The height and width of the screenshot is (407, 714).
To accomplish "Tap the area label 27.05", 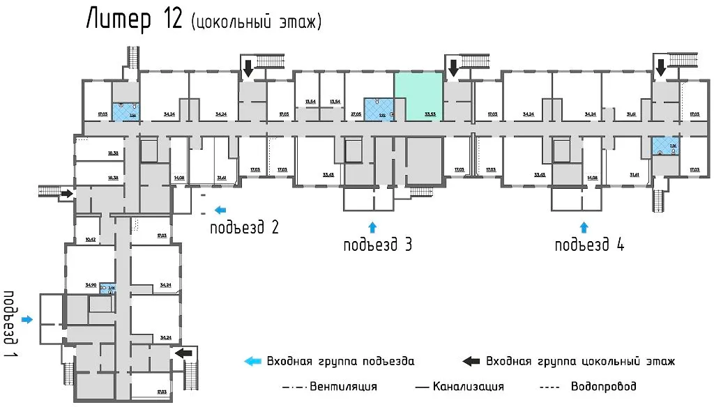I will tap(355, 114).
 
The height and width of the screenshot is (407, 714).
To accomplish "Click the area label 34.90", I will tap(91, 285).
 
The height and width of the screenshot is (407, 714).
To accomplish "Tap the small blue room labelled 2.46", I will tap(107, 289).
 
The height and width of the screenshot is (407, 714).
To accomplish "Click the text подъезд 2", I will tap(245, 227).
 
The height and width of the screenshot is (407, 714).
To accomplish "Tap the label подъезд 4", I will tap(590, 245).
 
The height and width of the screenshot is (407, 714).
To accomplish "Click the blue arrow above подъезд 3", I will tap(372, 226).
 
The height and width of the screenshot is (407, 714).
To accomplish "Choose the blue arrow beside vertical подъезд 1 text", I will tap(26, 319).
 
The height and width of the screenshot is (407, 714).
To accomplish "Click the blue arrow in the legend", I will tap(252, 361).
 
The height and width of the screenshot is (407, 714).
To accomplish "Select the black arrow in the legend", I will tap(471, 361).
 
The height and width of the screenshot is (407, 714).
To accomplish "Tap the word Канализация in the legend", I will tap(468, 386).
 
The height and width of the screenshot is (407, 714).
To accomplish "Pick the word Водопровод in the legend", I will tap(603, 386).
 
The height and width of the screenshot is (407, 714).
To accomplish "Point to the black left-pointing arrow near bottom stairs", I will tap(184, 353).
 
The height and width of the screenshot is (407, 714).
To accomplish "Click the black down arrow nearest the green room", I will tap(453, 68).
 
